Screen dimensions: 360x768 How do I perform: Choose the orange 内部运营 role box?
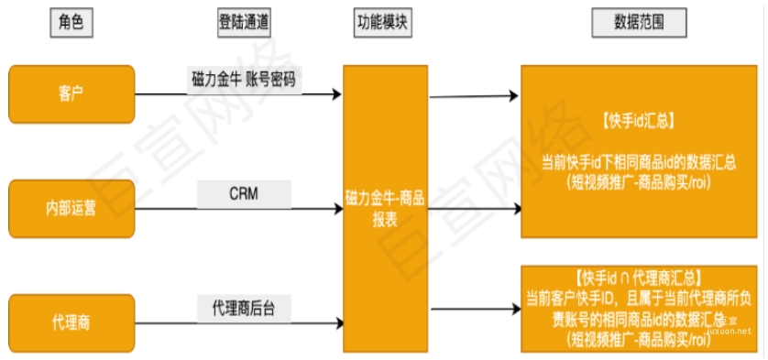click(x=71, y=208)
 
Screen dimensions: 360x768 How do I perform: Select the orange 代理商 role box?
click(x=71, y=322)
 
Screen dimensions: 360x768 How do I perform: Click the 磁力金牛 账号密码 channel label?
click(x=243, y=79)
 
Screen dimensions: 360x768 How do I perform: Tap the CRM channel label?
click(x=244, y=194)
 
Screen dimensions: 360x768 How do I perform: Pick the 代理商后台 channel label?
click(x=244, y=309)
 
